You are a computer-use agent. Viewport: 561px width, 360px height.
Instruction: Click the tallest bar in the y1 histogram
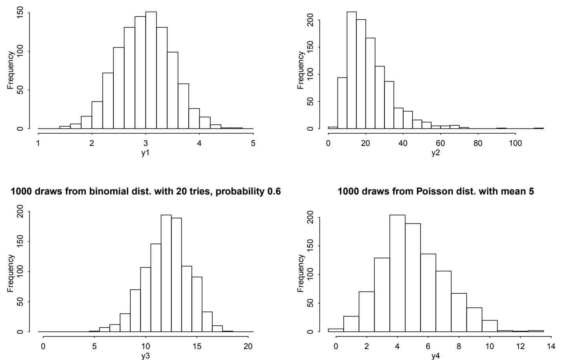pos(151,71)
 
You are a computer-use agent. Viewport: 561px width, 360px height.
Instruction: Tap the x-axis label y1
pos(146,153)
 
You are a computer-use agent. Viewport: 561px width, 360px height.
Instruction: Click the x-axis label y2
pos(436,153)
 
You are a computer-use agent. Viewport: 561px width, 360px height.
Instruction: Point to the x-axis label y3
pos(146,356)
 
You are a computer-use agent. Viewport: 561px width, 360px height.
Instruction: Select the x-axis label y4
pos(436,356)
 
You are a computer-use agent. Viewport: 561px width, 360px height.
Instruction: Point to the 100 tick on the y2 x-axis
pos(515,143)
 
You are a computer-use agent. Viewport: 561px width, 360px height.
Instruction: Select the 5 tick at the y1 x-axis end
pos(253,143)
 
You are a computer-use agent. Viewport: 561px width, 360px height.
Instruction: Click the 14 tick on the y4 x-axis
pos(551,346)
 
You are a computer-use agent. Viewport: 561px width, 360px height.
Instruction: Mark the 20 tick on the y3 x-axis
pos(248,346)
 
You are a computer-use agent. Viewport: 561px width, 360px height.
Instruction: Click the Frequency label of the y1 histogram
pos(11,71)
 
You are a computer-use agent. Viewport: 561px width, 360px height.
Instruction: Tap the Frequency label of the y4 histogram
pos(301,273)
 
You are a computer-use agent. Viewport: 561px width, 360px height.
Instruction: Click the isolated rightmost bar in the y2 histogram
pos(539,128)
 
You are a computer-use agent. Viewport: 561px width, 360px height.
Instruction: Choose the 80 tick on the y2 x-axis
pos(478,143)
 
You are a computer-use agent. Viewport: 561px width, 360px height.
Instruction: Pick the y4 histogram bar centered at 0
pos(336,330)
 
